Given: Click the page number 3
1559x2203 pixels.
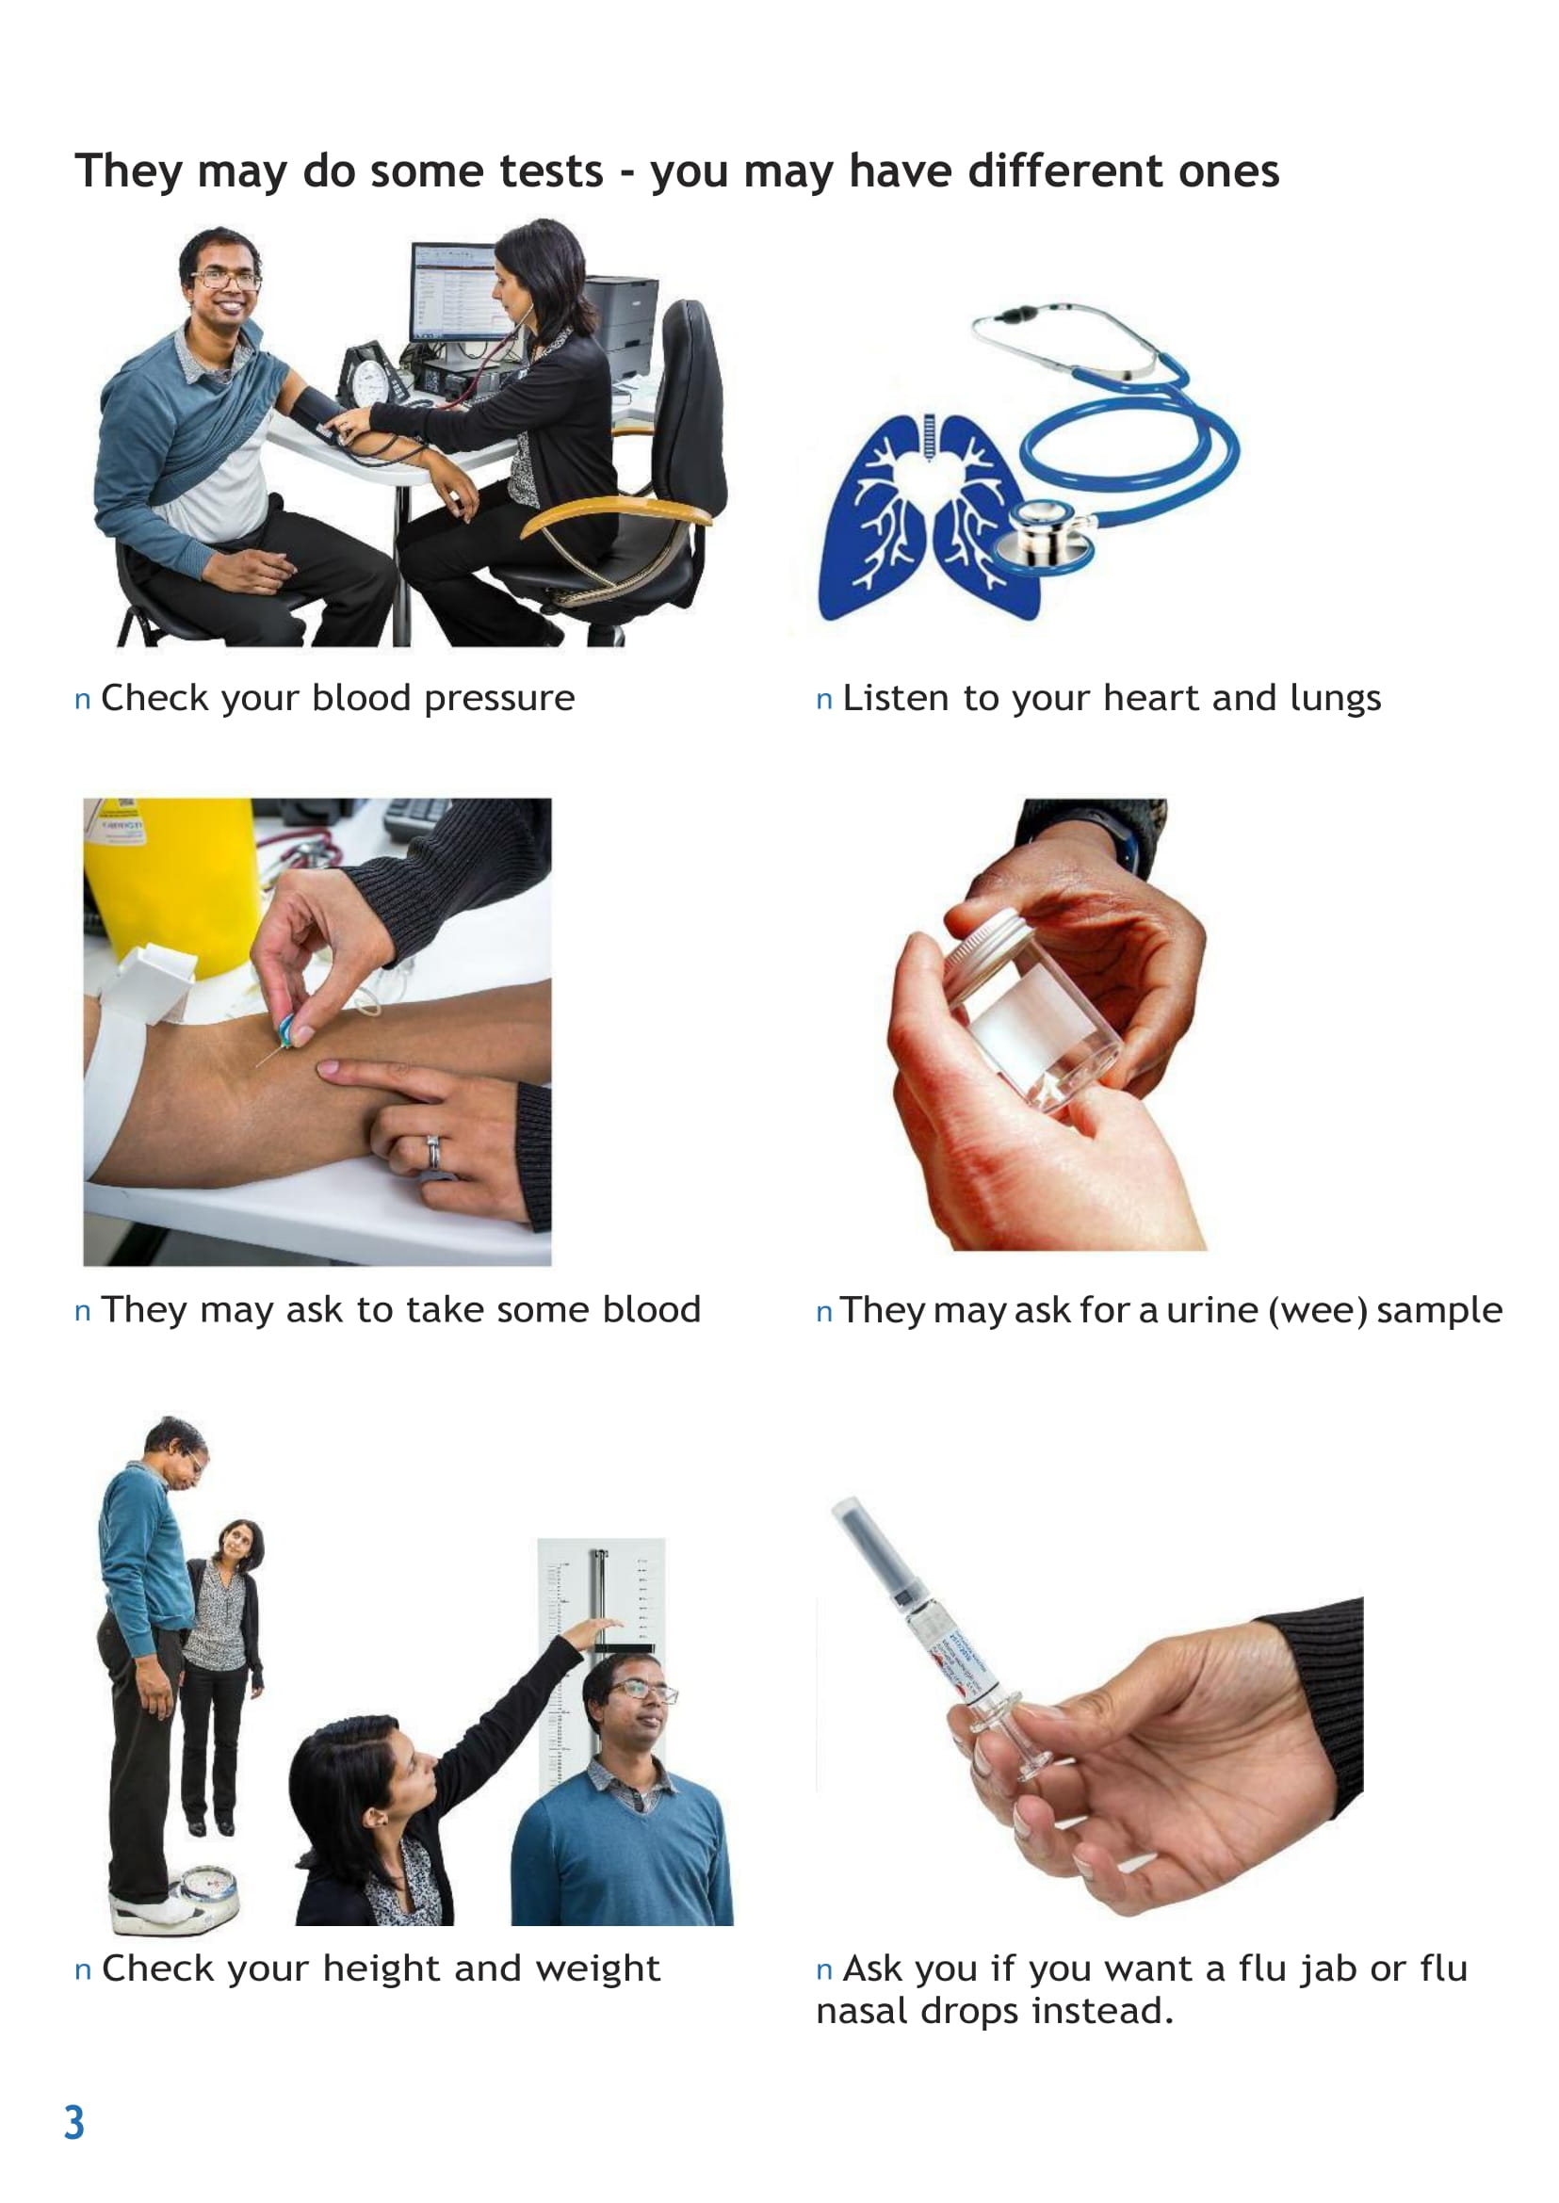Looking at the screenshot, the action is click(x=73, y=2122).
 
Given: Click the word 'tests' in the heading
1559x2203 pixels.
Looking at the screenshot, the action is click(x=550, y=171).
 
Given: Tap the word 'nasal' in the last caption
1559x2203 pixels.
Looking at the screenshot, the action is click(x=860, y=2011).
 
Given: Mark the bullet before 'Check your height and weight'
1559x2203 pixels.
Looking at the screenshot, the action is click(x=83, y=1971).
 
